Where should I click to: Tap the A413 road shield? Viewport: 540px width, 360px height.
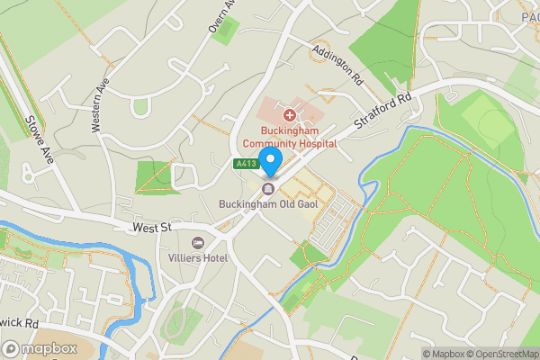(246, 164)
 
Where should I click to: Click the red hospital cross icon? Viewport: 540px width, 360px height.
(290, 115)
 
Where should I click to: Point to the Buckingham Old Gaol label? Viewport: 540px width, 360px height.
(268, 204)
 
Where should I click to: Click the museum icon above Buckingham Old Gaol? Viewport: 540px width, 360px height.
(268, 188)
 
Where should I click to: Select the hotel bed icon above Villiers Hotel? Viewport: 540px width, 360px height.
(198, 242)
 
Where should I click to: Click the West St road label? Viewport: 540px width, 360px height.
(150, 229)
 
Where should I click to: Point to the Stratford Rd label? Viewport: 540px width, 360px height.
(382, 108)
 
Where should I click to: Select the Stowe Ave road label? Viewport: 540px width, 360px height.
(40, 139)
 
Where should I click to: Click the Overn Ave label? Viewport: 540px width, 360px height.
(221, 16)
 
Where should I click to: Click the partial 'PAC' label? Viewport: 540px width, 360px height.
(529, 15)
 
